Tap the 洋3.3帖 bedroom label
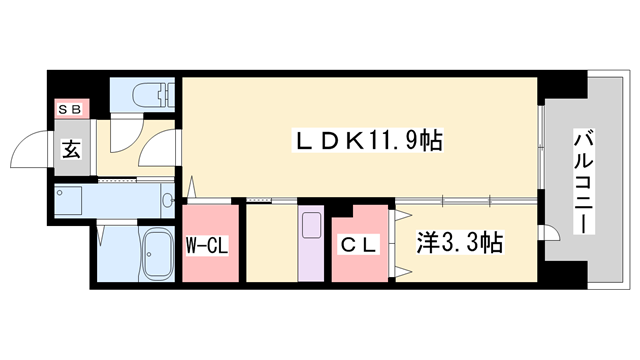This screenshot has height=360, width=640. (459, 241)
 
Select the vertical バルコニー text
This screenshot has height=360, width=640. (580, 181)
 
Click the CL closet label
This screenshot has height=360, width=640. (355, 242)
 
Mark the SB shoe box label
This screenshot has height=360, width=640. (72, 108)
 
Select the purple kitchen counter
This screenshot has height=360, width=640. (311, 242)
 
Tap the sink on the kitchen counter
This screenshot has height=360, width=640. (310, 224)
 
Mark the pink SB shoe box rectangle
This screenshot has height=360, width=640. (72, 108)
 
